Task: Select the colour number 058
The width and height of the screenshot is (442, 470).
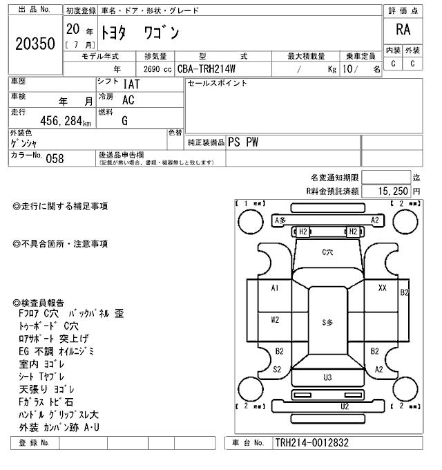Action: coord(55,158)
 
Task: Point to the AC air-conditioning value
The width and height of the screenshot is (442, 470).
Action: coord(128,100)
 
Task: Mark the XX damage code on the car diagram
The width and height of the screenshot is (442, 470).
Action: coord(382,288)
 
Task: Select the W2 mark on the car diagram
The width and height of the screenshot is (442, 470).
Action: coord(275,319)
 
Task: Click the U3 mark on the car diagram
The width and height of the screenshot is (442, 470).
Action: coord(327,377)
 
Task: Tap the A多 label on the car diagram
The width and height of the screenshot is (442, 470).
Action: coord(280,220)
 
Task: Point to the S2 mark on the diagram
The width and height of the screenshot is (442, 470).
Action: coord(276,369)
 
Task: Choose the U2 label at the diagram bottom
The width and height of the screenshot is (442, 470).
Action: coord(344,406)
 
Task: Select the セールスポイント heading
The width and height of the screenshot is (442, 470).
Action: coord(218,84)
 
